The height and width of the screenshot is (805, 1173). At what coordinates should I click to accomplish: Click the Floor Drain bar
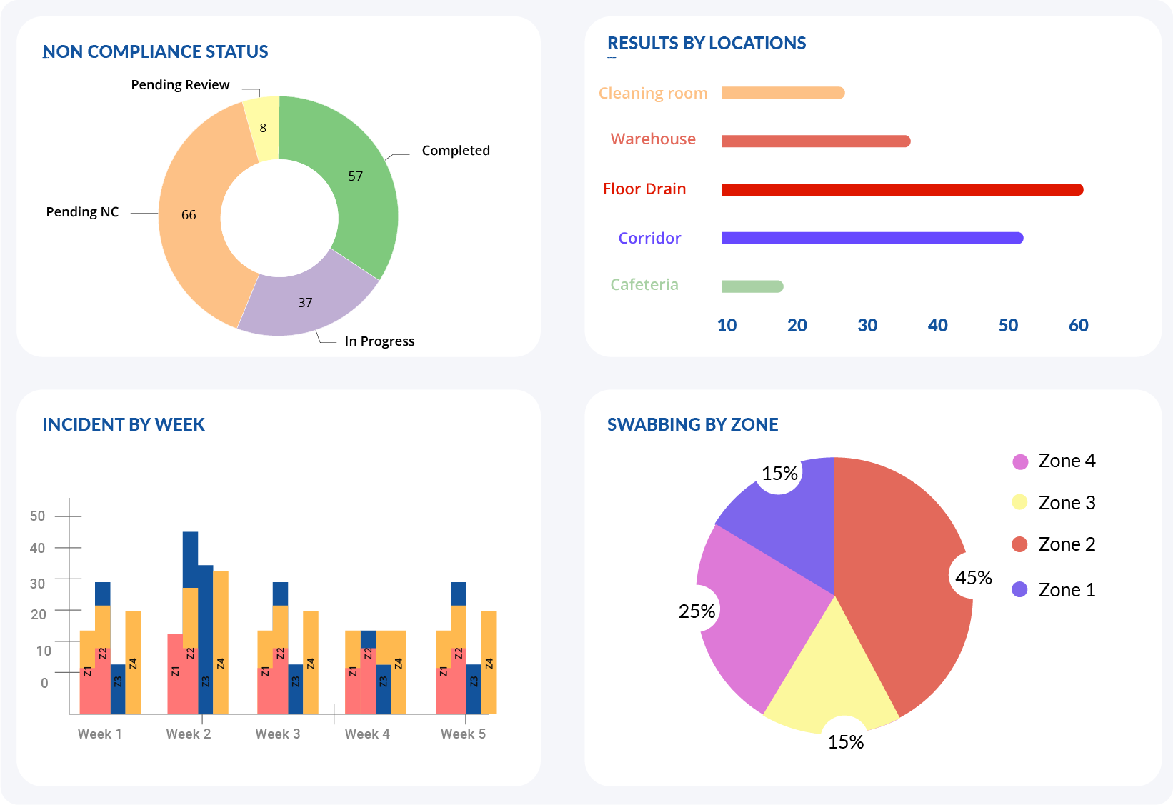(902, 189)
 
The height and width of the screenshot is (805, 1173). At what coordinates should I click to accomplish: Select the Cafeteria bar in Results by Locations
(752, 286)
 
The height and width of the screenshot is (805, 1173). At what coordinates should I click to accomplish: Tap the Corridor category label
(649, 238)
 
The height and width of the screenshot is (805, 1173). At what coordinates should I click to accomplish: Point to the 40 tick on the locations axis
(937, 326)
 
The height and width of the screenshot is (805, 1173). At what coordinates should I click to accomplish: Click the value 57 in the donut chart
(355, 176)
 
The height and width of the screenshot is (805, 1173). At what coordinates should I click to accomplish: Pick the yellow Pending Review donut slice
(263, 128)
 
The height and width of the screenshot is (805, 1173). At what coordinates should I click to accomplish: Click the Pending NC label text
(82, 212)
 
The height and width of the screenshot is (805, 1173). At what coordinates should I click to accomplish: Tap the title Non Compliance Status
(155, 52)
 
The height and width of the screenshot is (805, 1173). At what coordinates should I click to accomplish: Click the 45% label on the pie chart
(973, 577)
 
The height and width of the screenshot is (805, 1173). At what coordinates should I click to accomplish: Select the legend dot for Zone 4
(1020, 461)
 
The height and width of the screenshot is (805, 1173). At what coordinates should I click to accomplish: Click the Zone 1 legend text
(1066, 590)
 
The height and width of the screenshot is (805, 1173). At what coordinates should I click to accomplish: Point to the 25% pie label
(697, 611)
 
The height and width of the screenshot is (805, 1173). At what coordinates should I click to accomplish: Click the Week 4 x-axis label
(367, 734)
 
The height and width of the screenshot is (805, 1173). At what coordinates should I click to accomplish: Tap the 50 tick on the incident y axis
(38, 516)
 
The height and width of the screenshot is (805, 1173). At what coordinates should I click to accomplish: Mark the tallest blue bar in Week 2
(190, 557)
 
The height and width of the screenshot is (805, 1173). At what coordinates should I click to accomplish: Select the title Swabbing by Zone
(692, 425)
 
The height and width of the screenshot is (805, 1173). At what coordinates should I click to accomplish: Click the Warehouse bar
(815, 141)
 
